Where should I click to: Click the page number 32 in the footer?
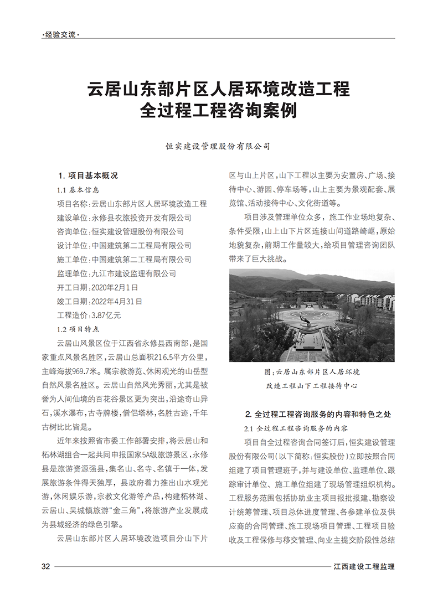click(46, 566)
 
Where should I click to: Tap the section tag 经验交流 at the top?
click(60, 35)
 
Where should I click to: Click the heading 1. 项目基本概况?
click(88, 176)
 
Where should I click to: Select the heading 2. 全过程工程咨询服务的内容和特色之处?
click(318, 413)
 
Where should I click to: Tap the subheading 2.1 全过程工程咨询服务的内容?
click(303, 428)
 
